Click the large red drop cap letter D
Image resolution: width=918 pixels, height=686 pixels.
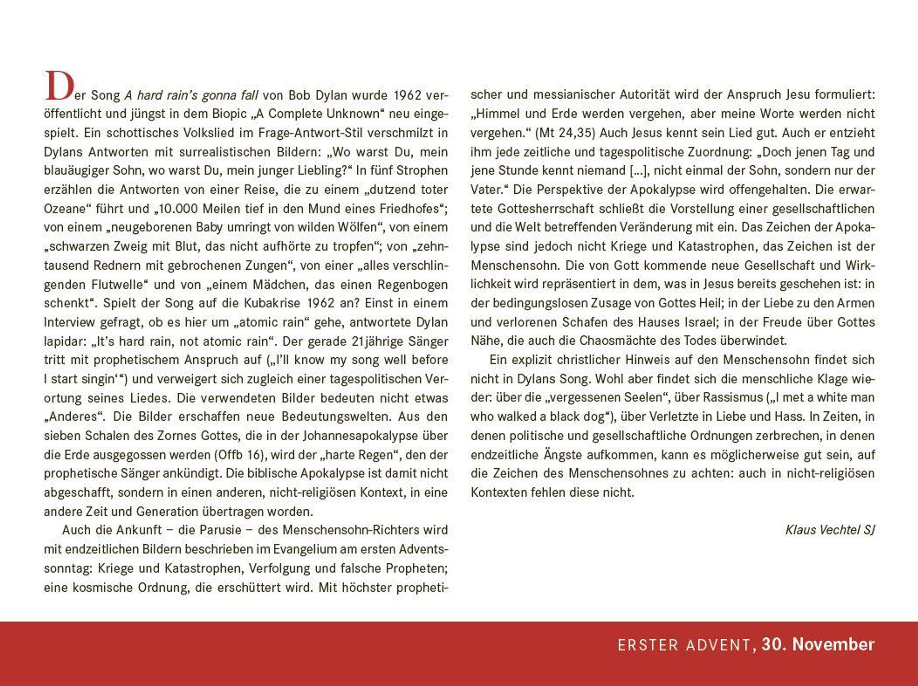click(x=59, y=86)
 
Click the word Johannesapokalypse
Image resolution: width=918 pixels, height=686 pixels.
click(x=360, y=436)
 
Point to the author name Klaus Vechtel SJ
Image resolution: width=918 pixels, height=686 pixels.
click(x=830, y=530)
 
